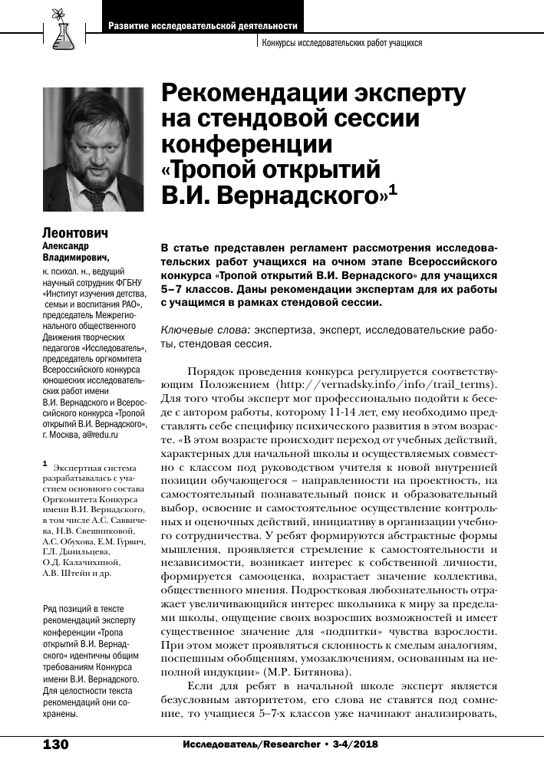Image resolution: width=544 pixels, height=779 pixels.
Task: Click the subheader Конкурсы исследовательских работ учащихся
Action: tap(342, 44)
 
